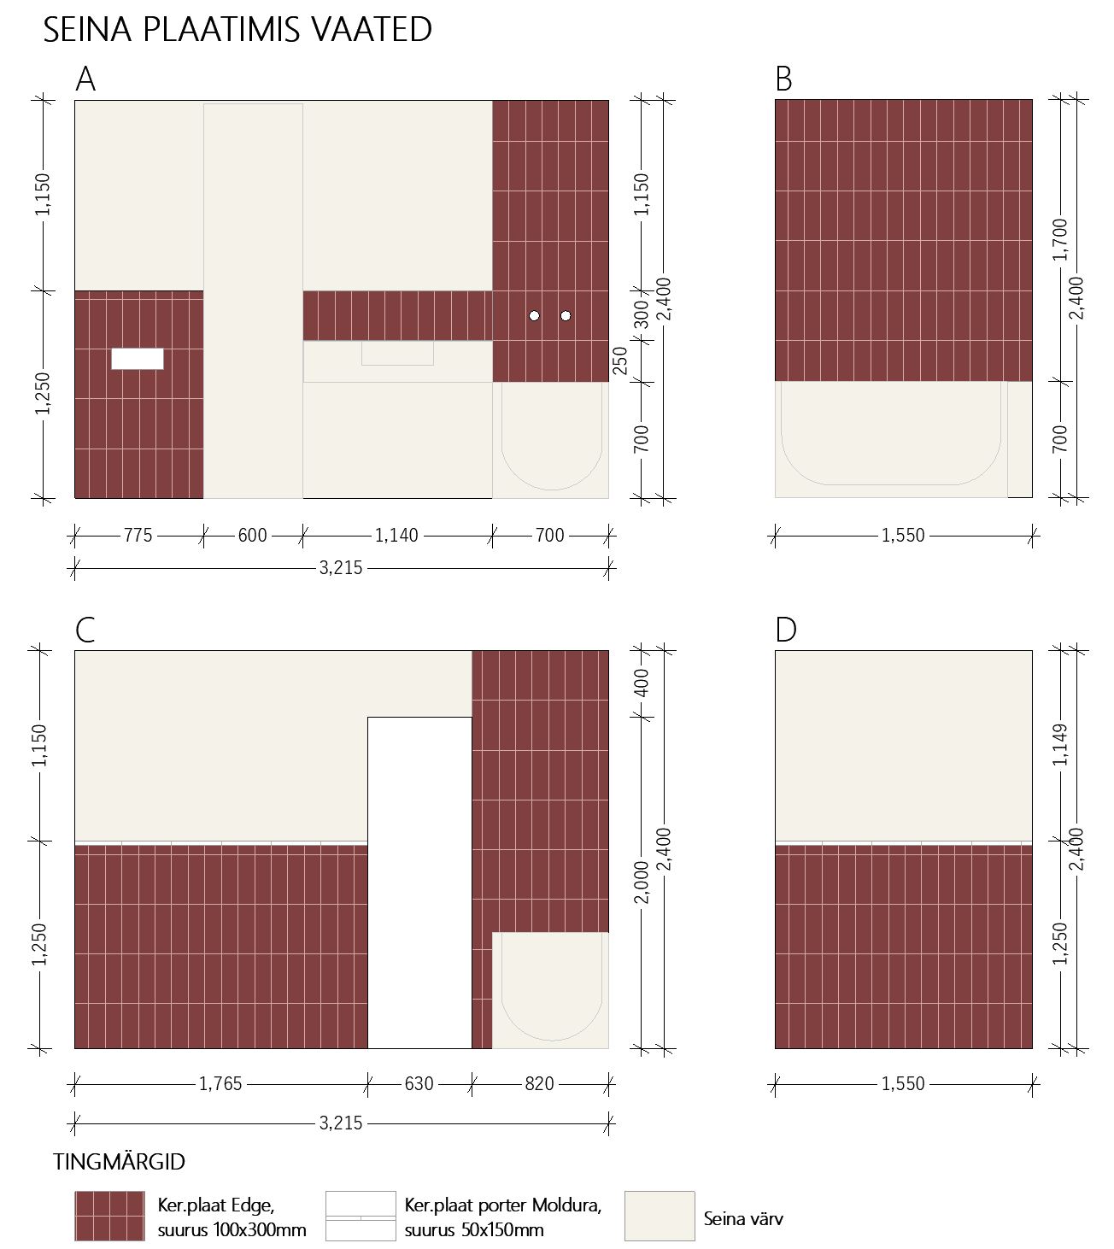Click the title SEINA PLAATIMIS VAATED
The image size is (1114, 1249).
pyautogui.click(x=237, y=30)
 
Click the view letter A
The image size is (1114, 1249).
pyautogui.click(x=85, y=79)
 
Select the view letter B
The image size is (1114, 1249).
pyautogui.click(x=783, y=79)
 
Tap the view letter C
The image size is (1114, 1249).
pyautogui.click(x=85, y=630)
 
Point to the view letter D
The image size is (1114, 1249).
pyautogui.click(x=785, y=630)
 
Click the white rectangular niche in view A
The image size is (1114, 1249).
pyautogui.click(x=138, y=359)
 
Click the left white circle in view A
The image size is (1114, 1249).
pyautogui.click(x=534, y=316)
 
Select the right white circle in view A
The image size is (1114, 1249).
pyautogui.click(x=566, y=316)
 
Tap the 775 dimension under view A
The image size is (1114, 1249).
pyautogui.click(x=138, y=536)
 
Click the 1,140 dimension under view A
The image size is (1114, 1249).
pyautogui.click(x=396, y=536)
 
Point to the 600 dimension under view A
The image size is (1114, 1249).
pyautogui.click(x=252, y=536)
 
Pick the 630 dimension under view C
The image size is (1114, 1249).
pyautogui.click(x=419, y=1084)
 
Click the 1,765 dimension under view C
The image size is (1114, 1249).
pyautogui.click(x=220, y=1084)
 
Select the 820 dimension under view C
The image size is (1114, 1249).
pyautogui.click(x=539, y=1084)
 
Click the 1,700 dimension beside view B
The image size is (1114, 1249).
pyautogui.click(x=1059, y=239)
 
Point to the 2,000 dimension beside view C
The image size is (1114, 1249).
pyautogui.click(x=642, y=882)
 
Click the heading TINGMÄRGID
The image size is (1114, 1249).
pyautogui.click(x=119, y=1163)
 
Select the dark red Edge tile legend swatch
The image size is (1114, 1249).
pyautogui.click(x=109, y=1216)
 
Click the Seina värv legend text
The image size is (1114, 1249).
pyautogui.click(x=743, y=1219)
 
